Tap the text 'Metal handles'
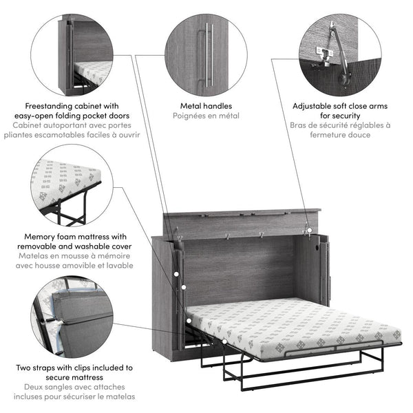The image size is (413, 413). [206, 106]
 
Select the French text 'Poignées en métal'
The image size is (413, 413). [206, 116]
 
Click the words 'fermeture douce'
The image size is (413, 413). [340, 135]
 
